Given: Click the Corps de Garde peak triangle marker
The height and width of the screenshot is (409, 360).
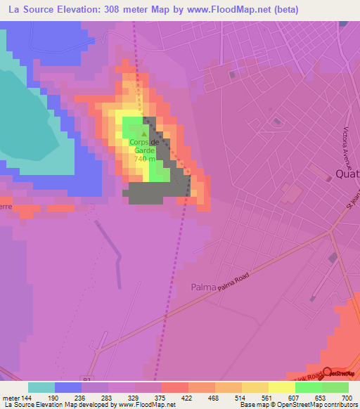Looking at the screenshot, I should coord(145,134).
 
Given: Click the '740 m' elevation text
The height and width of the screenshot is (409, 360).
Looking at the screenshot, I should coord(144,159).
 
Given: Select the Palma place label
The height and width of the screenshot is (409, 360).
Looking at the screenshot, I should coord(205,287).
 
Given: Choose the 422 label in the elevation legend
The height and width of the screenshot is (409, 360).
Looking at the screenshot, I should coord(186,397).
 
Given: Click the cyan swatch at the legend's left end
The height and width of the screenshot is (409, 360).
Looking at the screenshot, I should coord(41,387).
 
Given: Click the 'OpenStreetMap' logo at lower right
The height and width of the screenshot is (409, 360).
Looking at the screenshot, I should coord(340,374).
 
